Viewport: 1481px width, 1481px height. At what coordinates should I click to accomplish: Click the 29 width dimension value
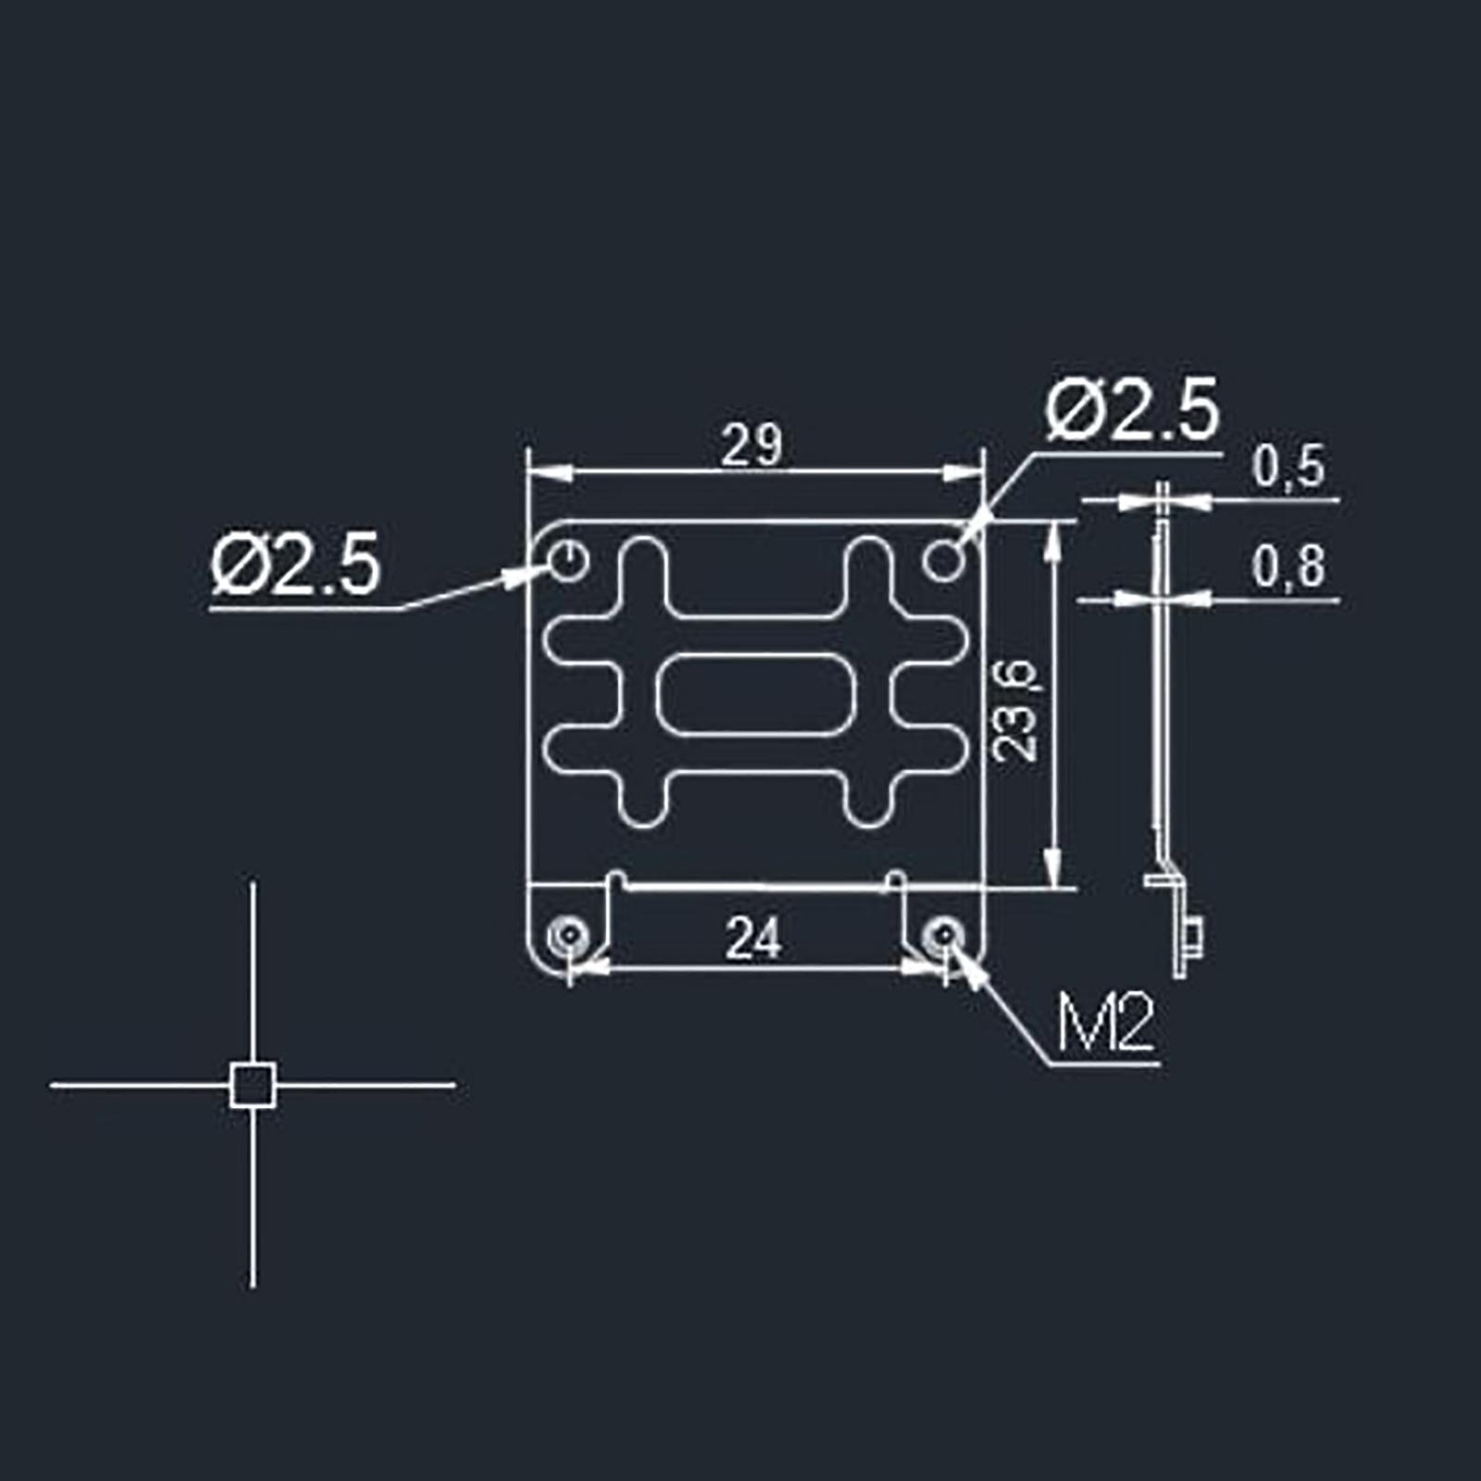[x=752, y=445]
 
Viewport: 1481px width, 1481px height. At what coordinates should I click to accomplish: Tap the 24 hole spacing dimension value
[x=753, y=939]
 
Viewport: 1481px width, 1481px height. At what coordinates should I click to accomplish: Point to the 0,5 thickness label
[x=1288, y=467]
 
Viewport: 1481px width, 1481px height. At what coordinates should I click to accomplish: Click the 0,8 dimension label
[x=1288, y=566]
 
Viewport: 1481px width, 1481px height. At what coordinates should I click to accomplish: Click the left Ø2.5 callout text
[x=295, y=564]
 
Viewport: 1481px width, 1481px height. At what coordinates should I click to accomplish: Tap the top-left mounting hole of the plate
[x=568, y=561]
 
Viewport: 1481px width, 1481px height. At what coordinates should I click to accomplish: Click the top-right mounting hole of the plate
[x=943, y=561]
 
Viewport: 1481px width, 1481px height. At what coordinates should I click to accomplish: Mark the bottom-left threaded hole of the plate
[x=566, y=936]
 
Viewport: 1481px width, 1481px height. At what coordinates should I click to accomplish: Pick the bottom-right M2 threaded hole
[x=942, y=936]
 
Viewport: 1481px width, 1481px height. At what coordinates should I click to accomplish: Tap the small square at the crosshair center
[x=253, y=1085]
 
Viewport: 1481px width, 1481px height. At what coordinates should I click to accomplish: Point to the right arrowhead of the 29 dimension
[x=962, y=472]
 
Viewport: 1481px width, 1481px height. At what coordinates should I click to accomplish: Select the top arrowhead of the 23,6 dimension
[x=1052, y=541]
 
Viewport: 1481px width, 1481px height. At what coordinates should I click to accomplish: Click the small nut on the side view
[x=1195, y=939]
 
